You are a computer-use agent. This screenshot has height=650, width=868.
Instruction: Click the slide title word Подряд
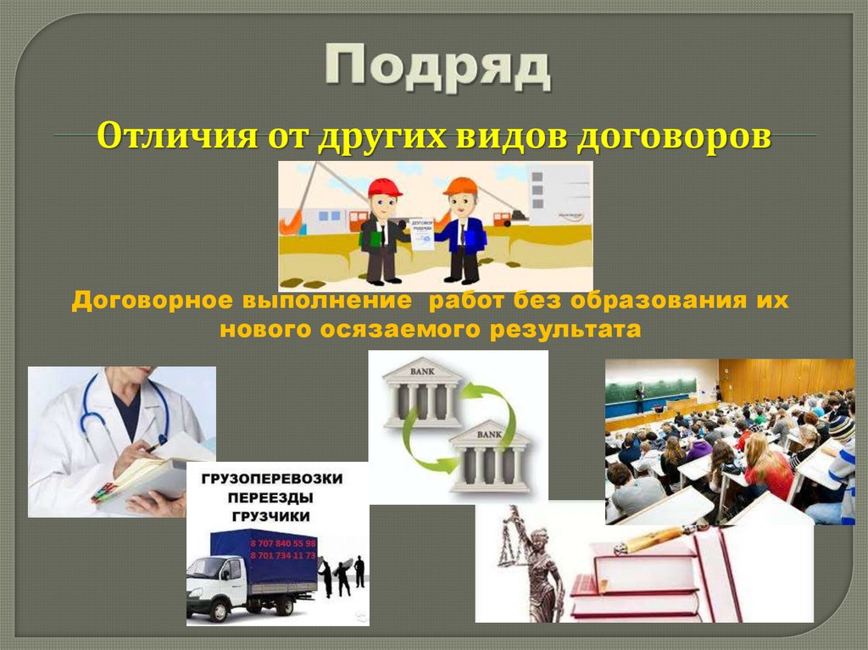[437, 68]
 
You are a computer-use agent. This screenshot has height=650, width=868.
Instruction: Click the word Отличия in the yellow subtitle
[162, 136]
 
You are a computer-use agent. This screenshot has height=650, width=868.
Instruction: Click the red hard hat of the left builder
[384, 187]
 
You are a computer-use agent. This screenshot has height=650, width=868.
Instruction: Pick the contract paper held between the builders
[421, 233]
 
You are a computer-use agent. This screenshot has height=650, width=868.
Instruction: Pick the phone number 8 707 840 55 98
[282, 542]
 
